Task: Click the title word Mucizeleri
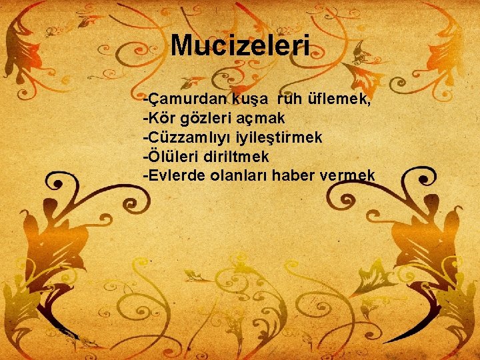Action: click(240, 45)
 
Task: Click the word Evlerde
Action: click(173, 175)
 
